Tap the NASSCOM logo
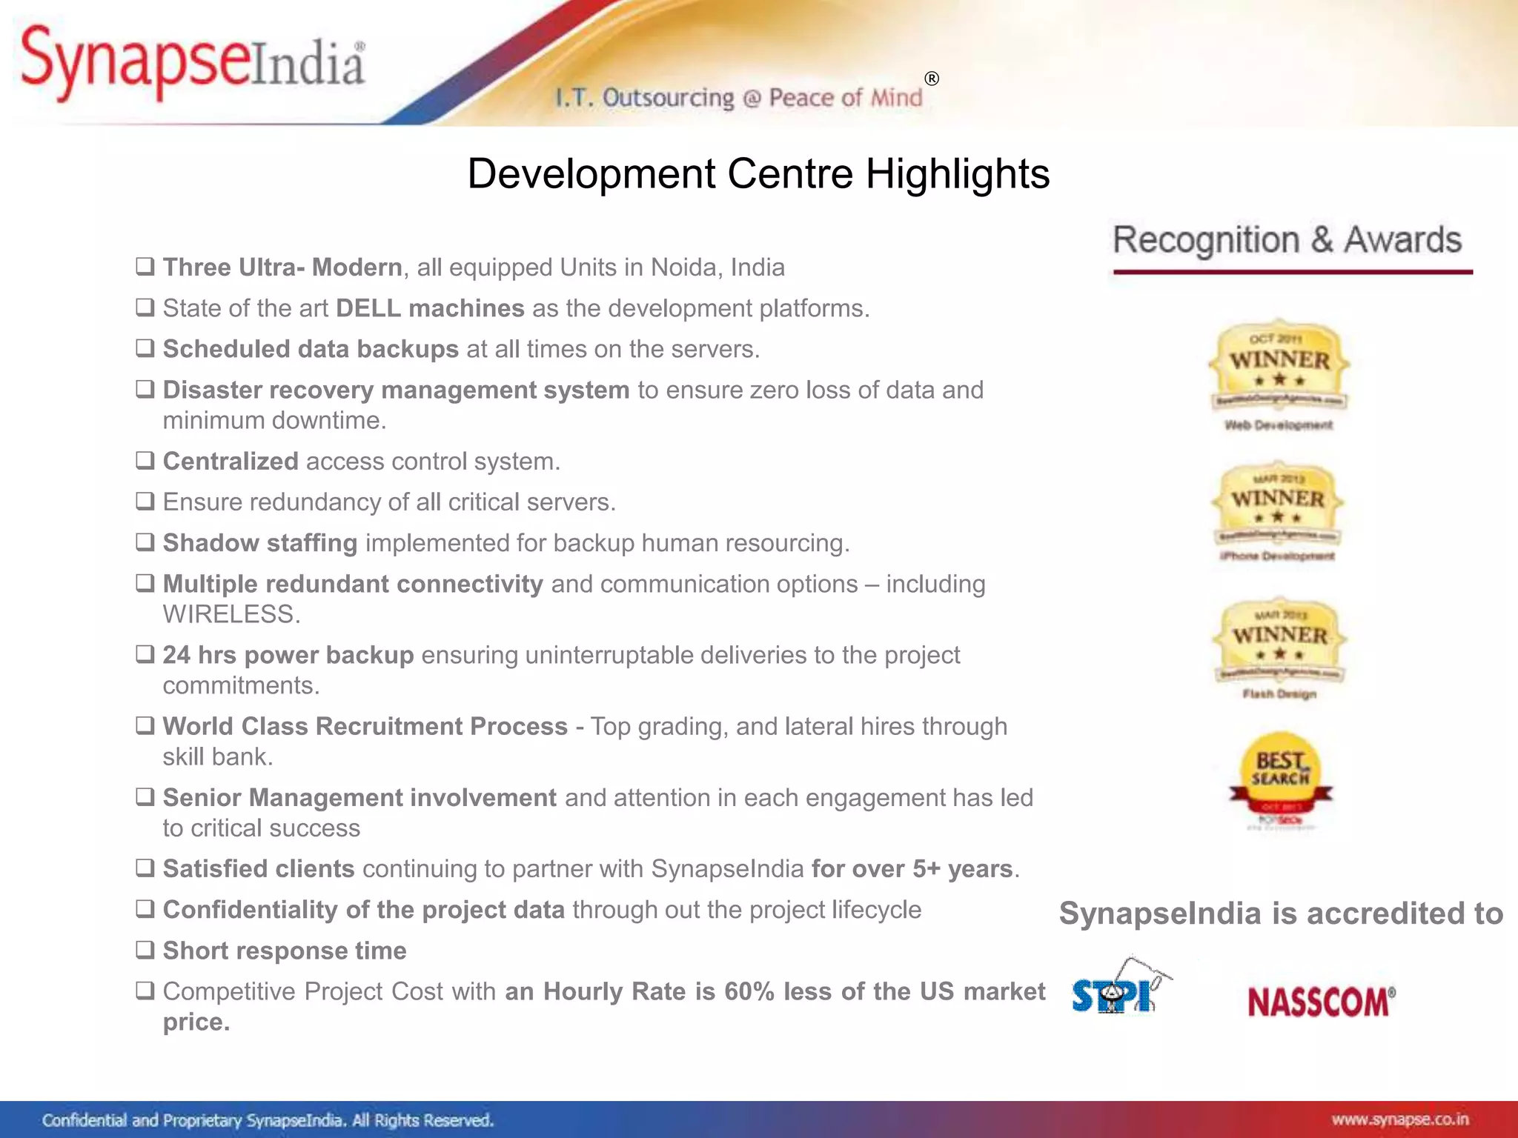1321,1002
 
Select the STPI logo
1118,989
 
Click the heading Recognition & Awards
1287,241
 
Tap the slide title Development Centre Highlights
758,174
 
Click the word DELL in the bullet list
368,308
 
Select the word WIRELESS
231,614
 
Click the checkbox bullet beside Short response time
145,949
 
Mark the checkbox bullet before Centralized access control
145,460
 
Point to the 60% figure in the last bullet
749,991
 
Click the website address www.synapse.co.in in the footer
1399,1119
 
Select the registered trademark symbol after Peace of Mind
932,79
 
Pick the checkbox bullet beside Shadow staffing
145,542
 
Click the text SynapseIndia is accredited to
1281,914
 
